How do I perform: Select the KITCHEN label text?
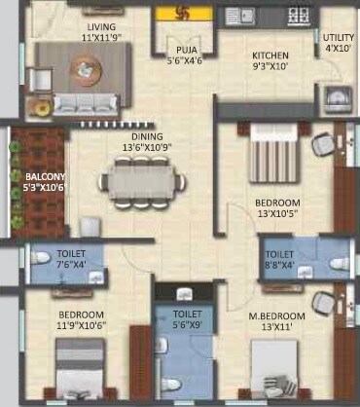[x=246, y=55]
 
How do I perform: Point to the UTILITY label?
[x=338, y=38]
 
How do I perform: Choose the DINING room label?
[x=148, y=137]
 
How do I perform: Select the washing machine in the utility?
[x=335, y=97]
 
